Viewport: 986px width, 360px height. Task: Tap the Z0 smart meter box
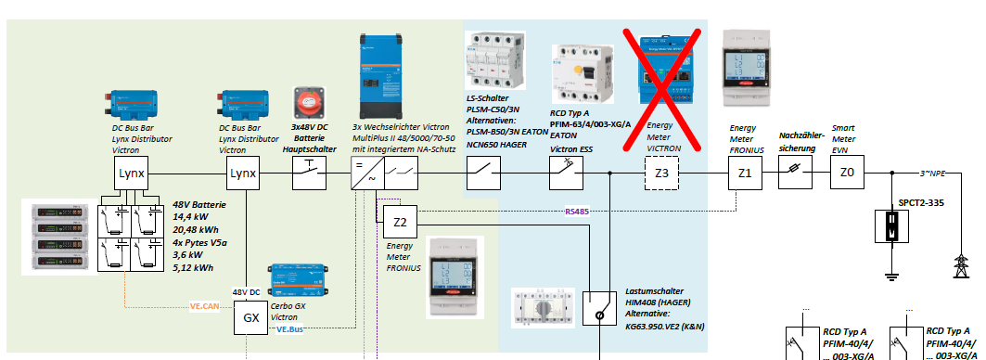coord(847,173)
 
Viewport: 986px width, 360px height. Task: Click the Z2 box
coord(400,222)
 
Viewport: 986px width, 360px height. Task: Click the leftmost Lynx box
coord(132,174)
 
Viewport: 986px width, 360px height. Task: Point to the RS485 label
coord(576,212)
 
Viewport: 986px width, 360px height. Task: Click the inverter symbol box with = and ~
coord(367,174)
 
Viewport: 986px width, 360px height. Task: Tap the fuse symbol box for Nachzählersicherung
coord(796,173)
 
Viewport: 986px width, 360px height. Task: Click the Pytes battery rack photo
coord(59,238)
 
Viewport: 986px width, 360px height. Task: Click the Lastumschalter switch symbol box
coord(599,308)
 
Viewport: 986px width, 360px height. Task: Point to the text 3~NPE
coord(932,172)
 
